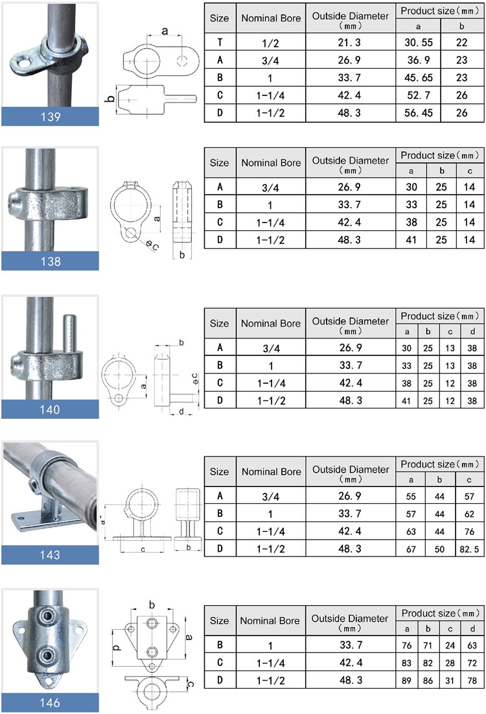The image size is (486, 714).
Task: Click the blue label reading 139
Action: click(x=50, y=117)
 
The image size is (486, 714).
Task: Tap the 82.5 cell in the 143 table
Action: click(x=469, y=549)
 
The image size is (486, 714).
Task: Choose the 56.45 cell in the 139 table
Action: click(x=418, y=113)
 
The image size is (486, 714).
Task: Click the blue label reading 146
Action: click(x=50, y=703)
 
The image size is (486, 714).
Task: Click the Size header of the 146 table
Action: click(x=220, y=620)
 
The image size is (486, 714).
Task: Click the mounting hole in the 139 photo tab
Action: click(x=23, y=64)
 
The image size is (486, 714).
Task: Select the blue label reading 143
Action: click(x=50, y=555)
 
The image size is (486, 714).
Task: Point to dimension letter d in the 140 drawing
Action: click(x=181, y=411)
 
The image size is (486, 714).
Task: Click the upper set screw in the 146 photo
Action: click(x=48, y=615)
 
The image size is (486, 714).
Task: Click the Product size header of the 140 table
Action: click(x=439, y=316)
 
